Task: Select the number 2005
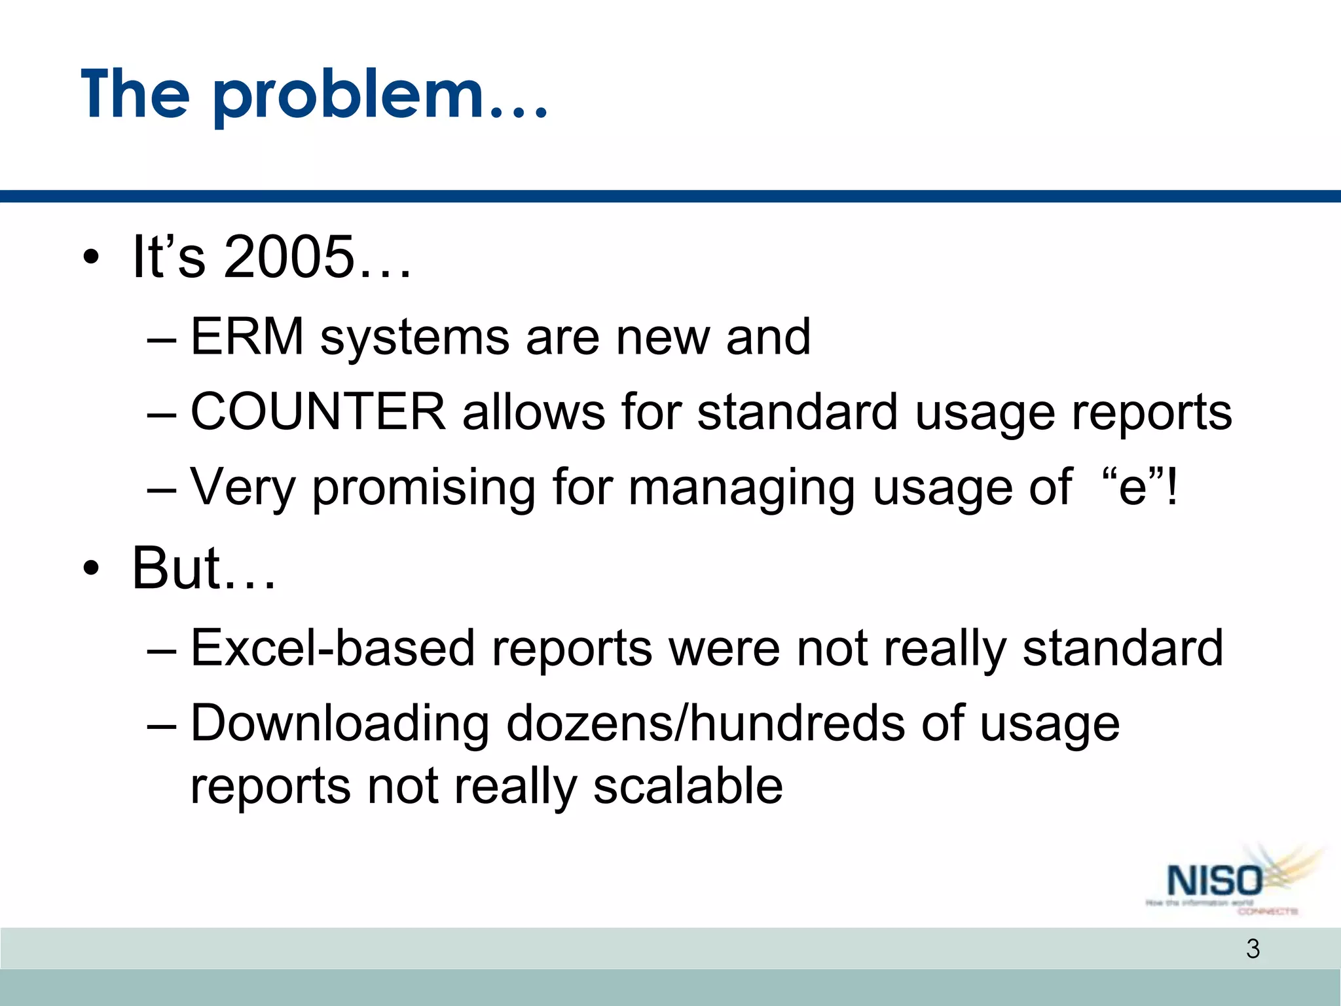click(288, 257)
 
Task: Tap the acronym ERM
click(247, 337)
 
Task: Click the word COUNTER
click(318, 412)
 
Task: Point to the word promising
click(423, 488)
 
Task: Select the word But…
click(203, 568)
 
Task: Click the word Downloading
click(339, 724)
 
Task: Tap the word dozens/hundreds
click(705, 724)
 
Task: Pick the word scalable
click(688, 786)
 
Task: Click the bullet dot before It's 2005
click(91, 257)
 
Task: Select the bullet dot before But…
click(91, 568)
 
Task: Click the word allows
click(534, 412)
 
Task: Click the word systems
click(414, 338)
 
